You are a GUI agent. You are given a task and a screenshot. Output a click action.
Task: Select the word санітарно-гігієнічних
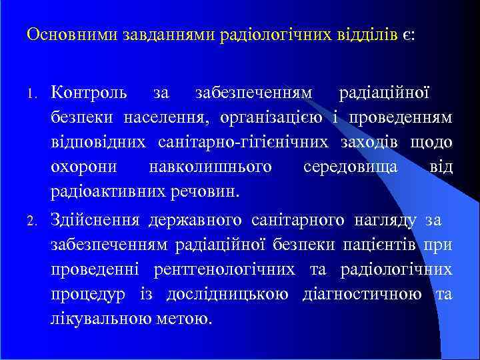coord(243,142)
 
